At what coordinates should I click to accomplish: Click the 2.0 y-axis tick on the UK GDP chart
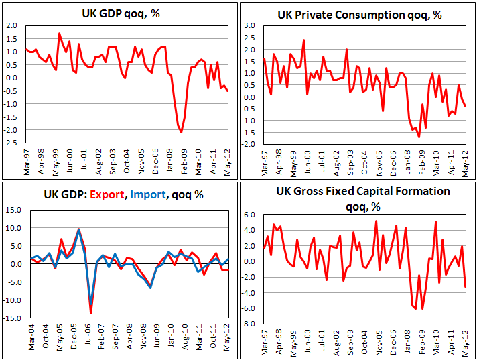click(13, 25)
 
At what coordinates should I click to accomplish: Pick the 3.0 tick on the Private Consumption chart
click(251, 25)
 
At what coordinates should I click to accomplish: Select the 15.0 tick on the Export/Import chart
click(13, 210)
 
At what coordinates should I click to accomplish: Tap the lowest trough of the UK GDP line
click(182, 133)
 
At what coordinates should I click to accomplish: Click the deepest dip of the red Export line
click(90, 312)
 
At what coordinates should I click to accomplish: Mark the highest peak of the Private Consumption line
click(304, 40)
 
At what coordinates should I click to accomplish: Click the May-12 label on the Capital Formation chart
click(465, 345)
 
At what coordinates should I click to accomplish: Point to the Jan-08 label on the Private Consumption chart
click(407, 163)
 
